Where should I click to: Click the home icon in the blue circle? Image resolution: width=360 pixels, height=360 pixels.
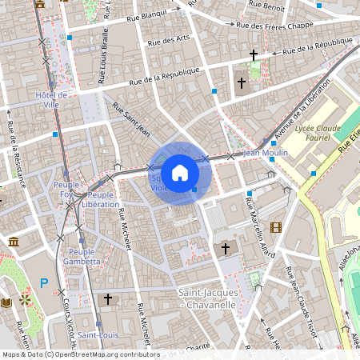(x=180, y=173)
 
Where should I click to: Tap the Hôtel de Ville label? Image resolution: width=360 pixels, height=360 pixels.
(x=52, y=100)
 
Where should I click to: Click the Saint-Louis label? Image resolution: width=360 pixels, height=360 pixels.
(x=98, y=334)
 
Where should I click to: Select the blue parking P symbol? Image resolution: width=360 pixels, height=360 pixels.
(x=44, y=282)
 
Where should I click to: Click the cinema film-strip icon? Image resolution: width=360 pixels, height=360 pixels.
(x=276, y=227)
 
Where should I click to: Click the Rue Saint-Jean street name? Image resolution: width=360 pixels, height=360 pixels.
(x=132, y=118)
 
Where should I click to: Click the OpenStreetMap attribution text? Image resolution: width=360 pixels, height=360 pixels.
(x=80, y=354)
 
